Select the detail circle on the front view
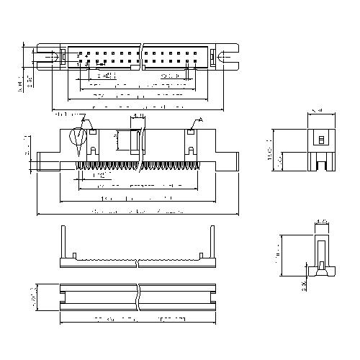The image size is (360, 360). [78, 138]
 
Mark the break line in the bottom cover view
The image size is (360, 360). [137, 297]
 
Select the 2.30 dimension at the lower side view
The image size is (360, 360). [306, 287]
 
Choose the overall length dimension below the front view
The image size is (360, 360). [137, 212]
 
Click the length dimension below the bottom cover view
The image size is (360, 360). [137, 317]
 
